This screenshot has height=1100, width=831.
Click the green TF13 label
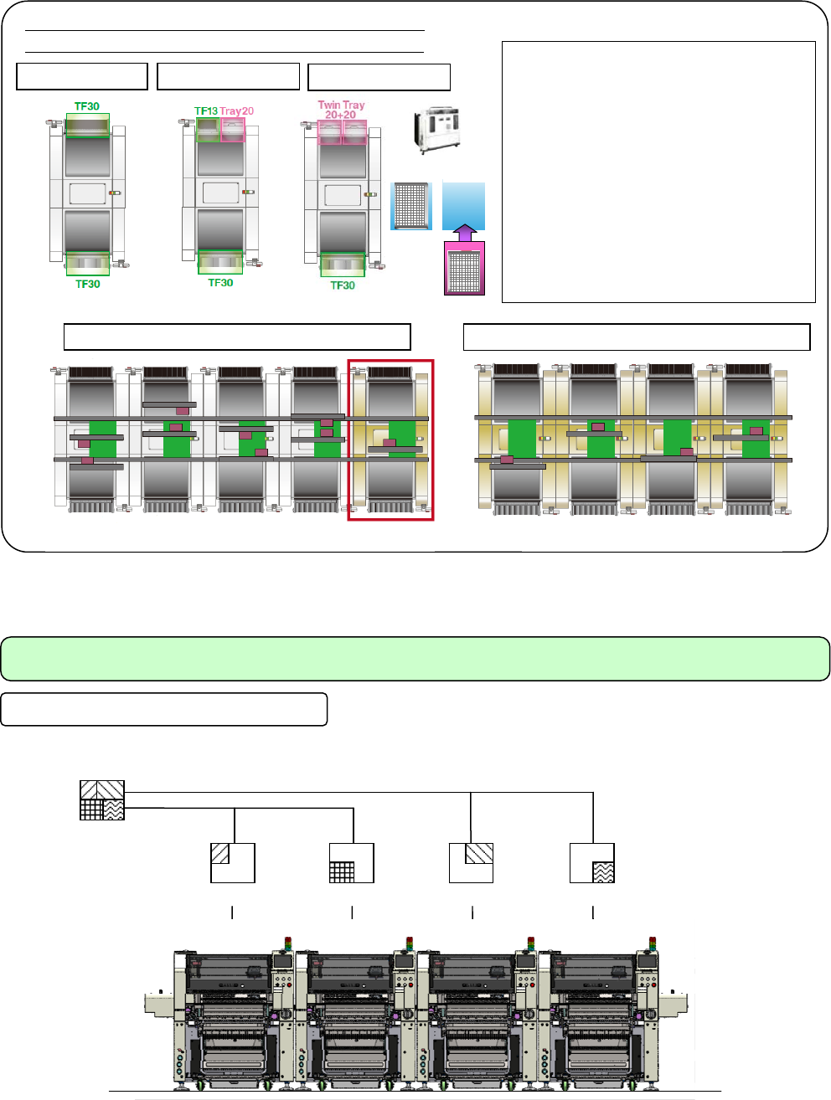206,111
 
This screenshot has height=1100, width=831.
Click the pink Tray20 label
237,111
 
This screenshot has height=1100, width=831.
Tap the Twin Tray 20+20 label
341,110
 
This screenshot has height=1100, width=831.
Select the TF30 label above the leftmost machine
87,106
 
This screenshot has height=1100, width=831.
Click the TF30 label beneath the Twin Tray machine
343,285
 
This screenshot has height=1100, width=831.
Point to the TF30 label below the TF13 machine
220,283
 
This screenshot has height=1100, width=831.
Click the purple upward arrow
464,233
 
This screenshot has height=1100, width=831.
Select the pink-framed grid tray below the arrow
464,270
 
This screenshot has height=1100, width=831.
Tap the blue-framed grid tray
411,206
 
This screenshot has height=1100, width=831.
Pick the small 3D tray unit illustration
436,129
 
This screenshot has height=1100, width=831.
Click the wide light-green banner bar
415,659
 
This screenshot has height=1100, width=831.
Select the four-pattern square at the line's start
102,800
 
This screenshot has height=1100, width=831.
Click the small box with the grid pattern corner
352,863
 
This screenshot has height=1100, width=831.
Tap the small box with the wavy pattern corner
592,863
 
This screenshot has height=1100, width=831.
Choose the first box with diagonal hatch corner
232,863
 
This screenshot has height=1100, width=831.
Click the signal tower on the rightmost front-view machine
652,943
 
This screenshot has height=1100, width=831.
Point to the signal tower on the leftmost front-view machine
288,943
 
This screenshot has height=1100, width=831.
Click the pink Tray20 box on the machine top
233,130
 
